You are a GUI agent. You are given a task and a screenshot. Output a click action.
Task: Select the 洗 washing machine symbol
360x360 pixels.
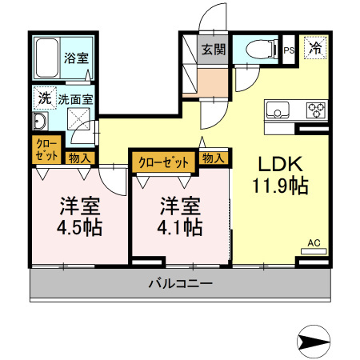click(42, 100)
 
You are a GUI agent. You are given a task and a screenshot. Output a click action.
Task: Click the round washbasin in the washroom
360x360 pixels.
click(39, 122)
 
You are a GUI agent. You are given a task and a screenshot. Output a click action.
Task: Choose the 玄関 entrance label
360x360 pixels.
click(213, 50)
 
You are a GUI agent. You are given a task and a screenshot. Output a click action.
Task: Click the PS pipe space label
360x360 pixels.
click(290, 50)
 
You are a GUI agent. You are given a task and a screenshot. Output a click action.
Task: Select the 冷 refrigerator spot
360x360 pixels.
click(316, 48)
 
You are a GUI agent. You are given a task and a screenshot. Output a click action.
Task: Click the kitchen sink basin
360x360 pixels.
click(278, 110)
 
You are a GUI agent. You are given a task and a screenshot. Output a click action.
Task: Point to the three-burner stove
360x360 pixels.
click(314, 110)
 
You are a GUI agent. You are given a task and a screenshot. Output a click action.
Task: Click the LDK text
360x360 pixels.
click(278, 163)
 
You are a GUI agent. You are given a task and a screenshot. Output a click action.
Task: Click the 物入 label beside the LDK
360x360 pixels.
click(212, 158)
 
